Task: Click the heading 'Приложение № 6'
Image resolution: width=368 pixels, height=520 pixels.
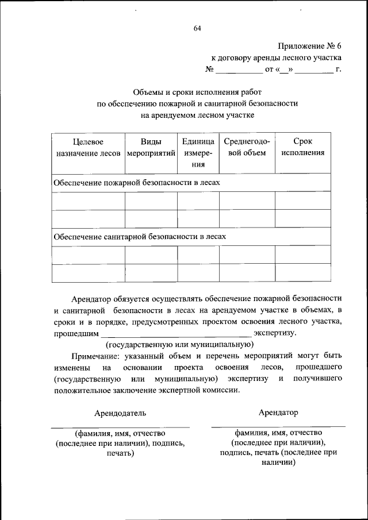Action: pos(309,45)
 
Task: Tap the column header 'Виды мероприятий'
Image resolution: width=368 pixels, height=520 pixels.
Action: pos(151,147)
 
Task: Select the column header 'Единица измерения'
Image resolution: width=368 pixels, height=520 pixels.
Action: pos(198,152)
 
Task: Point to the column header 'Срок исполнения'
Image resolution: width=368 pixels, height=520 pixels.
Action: pos(302,147)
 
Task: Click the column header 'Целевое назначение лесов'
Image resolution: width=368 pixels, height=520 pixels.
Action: pos(88,147)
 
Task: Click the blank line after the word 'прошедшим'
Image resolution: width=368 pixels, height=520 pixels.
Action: pos(176,334)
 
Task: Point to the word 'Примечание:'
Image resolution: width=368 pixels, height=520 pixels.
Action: pos(96,356)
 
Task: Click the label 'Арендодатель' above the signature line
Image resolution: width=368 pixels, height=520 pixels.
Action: pos(120,413)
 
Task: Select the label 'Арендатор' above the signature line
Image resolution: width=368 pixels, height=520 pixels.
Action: pos(278,413)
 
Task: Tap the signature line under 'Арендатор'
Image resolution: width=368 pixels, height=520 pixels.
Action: pos(278,426)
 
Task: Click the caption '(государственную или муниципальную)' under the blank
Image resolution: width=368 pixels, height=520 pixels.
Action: pos(179,344)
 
